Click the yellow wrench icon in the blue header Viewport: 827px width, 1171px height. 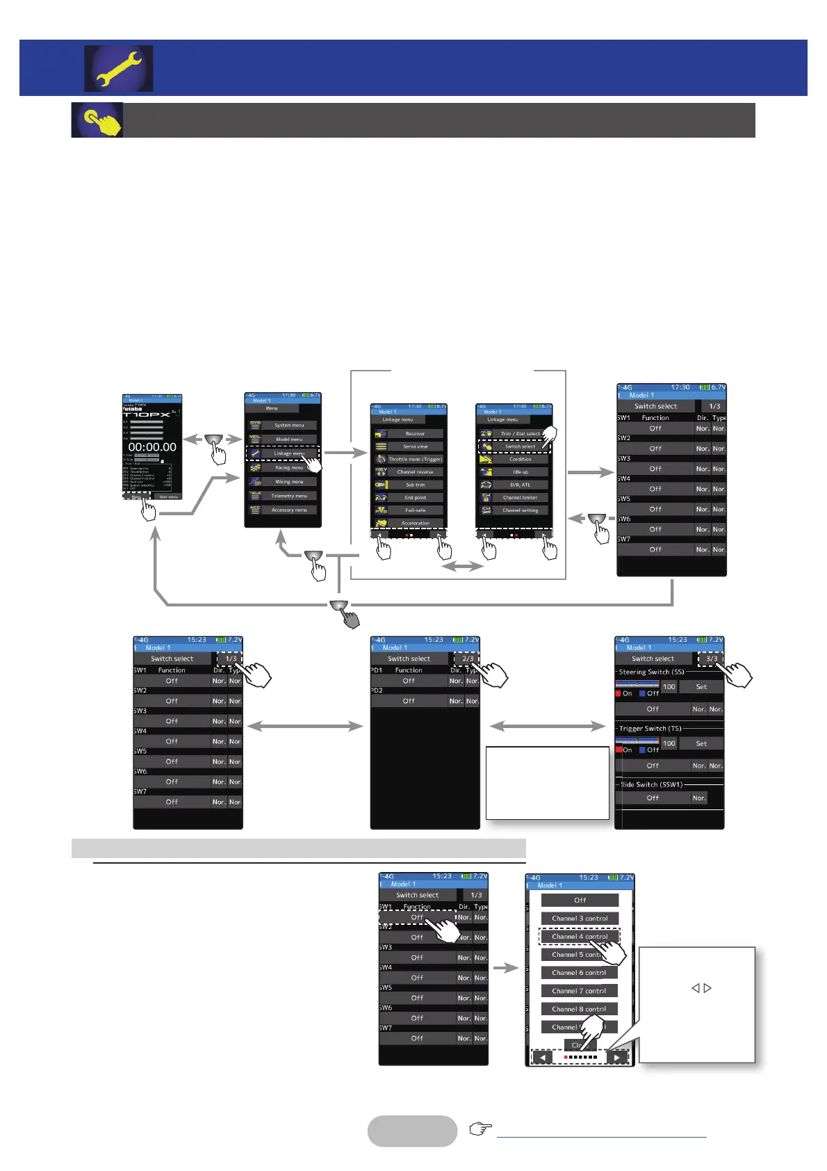[119, 68]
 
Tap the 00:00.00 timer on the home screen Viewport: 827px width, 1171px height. [152, 447]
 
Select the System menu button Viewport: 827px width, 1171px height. [289, 425]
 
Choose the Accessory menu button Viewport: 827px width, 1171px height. [289, 510]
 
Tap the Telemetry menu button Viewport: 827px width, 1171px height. [289, 496]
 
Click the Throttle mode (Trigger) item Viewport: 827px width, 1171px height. [415, 459]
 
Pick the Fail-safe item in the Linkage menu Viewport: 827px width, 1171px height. [415, 510]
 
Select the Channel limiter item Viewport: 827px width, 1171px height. [520, 497]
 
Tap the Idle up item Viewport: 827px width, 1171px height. [520, 472]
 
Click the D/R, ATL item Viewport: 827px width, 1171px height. [520, 485]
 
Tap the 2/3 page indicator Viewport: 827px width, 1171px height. [468, 659]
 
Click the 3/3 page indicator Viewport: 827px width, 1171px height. [712, 659]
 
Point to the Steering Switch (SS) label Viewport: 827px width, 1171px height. [651, 672]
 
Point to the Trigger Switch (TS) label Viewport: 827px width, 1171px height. [650, 729]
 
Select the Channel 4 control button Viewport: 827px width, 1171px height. [580, 937]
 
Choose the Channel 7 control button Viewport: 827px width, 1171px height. [580, 991]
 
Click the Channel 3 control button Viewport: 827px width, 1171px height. [580, 919]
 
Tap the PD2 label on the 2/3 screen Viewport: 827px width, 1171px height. [377, 691]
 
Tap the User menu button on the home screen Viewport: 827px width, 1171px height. [168, 496]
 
